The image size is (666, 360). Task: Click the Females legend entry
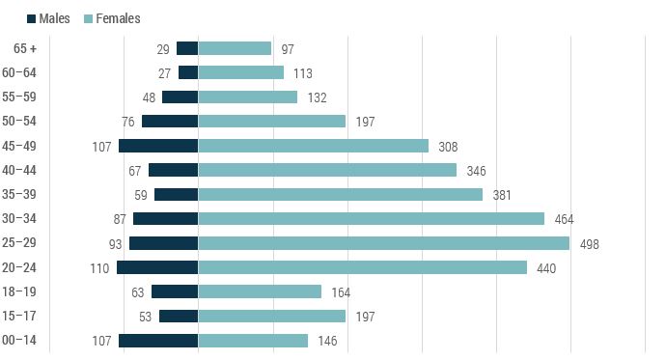tap(112, 18)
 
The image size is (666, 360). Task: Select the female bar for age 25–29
tap(383, 243)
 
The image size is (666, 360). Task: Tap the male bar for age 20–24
tap(157, 267)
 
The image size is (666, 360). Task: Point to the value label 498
tap(589, 244)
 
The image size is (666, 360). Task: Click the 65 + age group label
tap(26, 48)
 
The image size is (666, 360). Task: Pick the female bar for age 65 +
tap(235, 48)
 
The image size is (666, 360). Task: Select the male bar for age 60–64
tap(188, 72)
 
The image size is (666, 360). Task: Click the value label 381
tap(502, 195)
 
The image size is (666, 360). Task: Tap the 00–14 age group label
tap(20, 341)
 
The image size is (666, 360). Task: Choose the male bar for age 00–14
tap(158, 341)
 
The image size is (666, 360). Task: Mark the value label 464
tap(564, 219)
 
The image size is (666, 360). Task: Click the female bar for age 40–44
tap(327, 170)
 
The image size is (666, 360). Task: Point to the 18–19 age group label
tap(20, 291)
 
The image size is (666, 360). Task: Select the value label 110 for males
tap(99, 268)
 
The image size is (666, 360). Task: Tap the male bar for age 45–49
tap(158, 146)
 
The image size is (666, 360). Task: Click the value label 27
tap(163, 73)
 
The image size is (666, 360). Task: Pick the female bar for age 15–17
tap(271, 316)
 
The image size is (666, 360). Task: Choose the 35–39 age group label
tap(20, 194)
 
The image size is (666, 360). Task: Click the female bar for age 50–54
tap(271, 122)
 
